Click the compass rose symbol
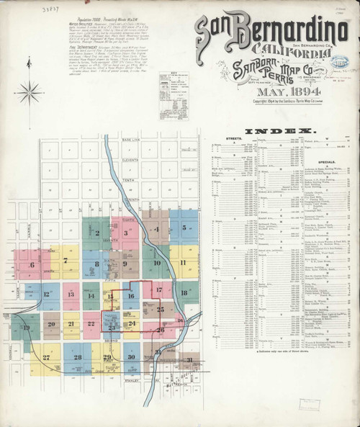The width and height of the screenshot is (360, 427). click(x=30, y=91)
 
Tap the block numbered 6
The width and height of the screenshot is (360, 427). click(x=32, y=265)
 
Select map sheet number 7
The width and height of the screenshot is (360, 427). click(x=66, y=260)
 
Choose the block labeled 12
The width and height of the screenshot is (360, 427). click(x=47, y=294)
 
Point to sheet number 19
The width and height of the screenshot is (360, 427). click(x=27, y=329)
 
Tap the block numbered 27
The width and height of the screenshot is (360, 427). click(x=46, y=357)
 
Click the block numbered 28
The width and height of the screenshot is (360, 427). click(x=77, y=357)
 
